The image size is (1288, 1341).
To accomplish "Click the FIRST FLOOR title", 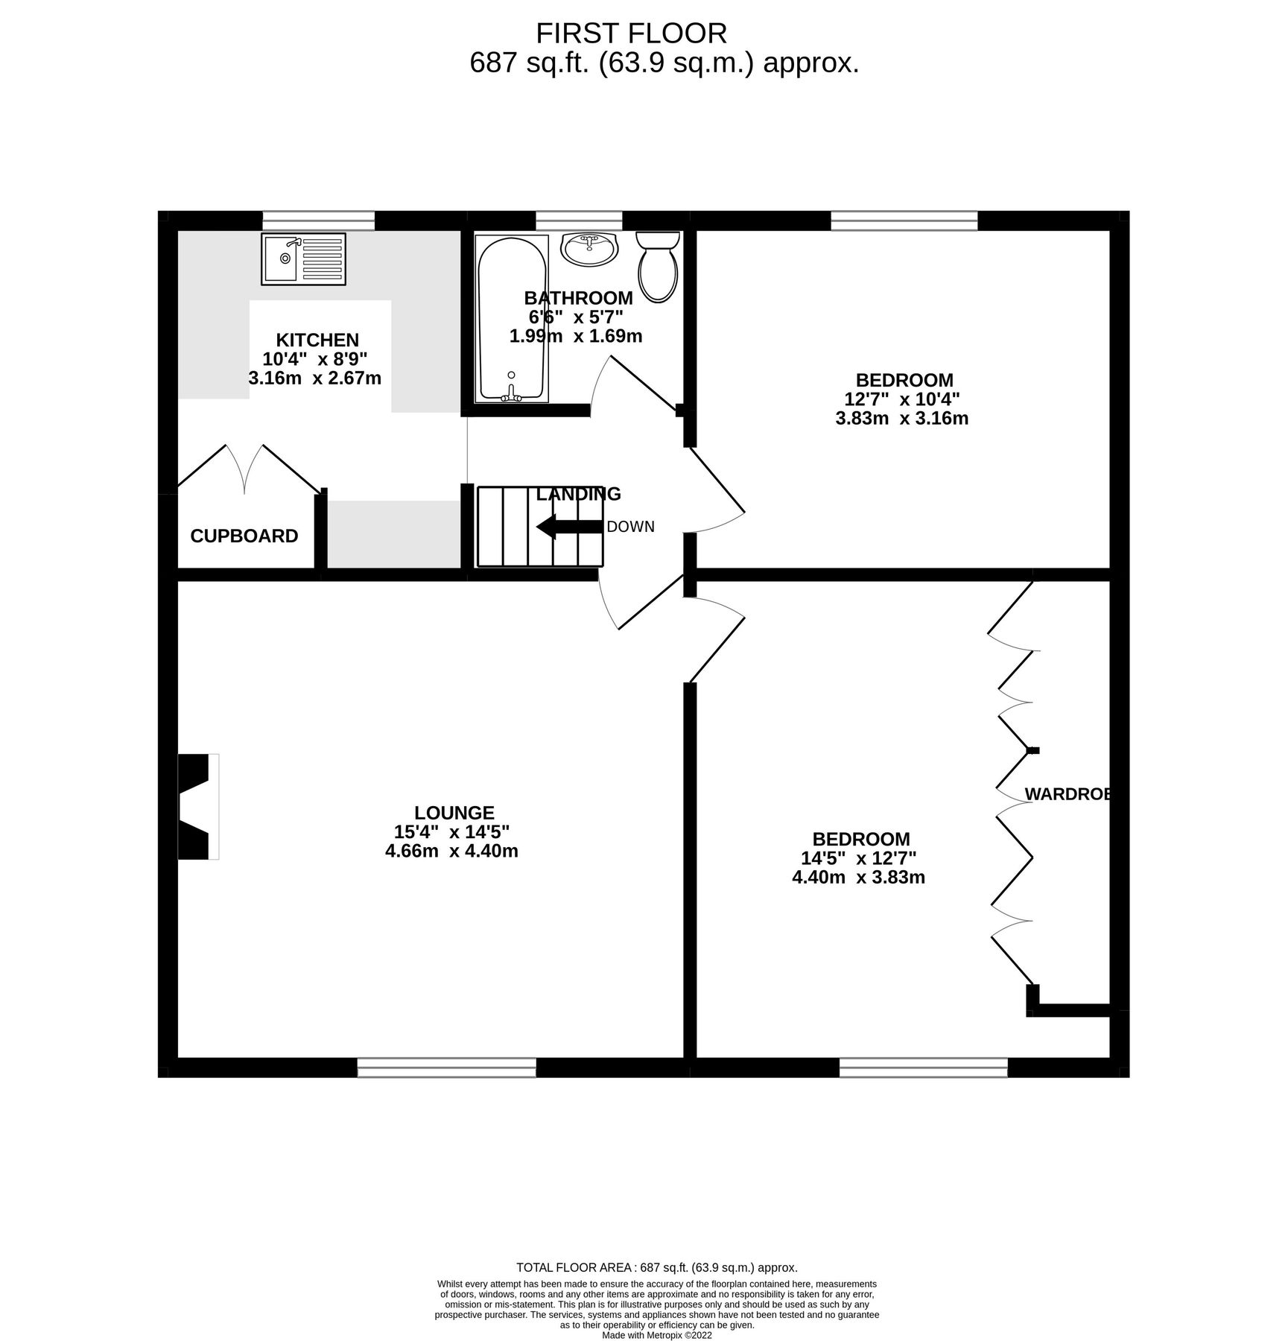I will (x=631, y=34).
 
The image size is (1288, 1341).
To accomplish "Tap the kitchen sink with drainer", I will (x=303, y=259).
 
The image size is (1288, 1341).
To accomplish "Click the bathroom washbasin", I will (x=589, y=248).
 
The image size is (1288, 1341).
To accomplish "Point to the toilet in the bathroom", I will (x=657, y=267).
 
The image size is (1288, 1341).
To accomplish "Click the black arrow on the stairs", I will (x=569, y=526).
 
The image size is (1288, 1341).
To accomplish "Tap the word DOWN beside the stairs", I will (x=630, y=527).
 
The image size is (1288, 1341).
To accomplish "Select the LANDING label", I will (x=578, y=494).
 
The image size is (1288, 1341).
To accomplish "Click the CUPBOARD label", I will (x=244, y=536).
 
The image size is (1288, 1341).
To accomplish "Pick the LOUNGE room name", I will (x=454, y=813).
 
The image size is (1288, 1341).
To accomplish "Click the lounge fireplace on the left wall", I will (x=197, y=806).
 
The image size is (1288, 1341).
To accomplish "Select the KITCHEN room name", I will (x=317, y=340).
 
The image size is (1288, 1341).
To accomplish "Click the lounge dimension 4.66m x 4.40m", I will (x=451, y=851).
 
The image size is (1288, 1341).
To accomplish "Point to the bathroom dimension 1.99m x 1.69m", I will (x=575, y=336).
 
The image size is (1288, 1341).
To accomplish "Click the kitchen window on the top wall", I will (x=318, y=221).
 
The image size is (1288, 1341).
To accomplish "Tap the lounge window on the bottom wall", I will (x=446, y=1068).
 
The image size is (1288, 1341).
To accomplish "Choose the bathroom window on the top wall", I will (x=579, y=221).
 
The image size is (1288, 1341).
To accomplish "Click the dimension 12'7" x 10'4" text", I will (x=902, y=399).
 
